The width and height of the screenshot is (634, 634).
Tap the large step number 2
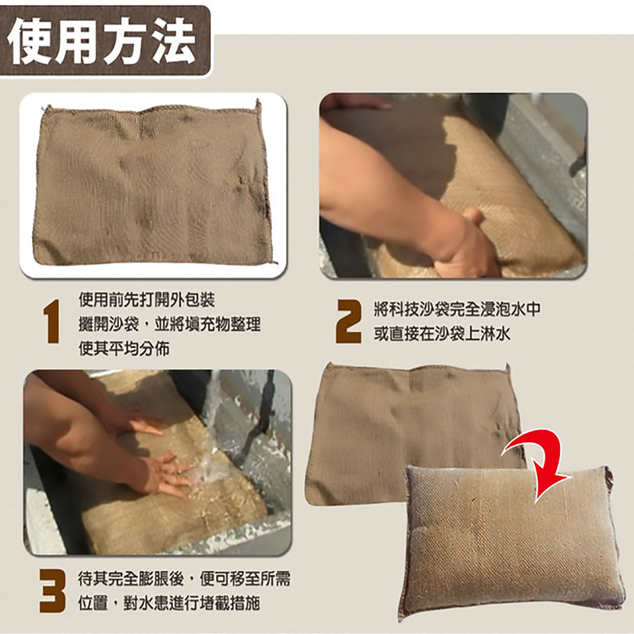pyautogui.click(x=347, y=322)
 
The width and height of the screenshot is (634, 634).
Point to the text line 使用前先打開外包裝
pyautogui.click(x=142, y=300)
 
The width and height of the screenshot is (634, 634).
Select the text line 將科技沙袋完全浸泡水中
pyautogui.click(x=456, y=310)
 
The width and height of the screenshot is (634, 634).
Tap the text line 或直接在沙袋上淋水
pyautogui.click(x=441, y=334)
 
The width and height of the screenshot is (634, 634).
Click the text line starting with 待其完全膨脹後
pyautogui.click(x=184, y=578)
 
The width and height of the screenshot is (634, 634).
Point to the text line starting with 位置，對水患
pyautogui.click(x=169, y=602)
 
